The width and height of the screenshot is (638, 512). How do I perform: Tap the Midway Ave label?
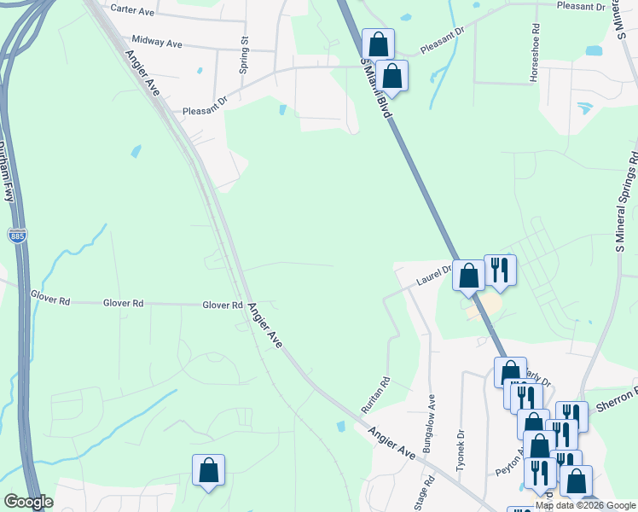coord(157,42)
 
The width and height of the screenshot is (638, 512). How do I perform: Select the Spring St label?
coord(244,54)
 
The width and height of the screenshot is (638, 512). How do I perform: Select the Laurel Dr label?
coord(432,276)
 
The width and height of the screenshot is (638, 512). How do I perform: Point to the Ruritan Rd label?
coord(376,395)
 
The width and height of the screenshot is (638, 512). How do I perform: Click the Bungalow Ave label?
coord(431,416)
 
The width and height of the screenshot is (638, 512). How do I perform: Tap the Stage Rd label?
coord(420,493)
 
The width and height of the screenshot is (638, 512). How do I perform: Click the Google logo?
coord(28,502)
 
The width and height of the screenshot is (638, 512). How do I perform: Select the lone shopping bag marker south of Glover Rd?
coord(208,470)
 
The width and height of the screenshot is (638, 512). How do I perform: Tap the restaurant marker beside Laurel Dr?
coord(500,270)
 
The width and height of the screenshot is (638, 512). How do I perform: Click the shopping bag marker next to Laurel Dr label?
coord(467,275)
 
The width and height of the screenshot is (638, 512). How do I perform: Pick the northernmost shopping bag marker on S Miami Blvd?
coord(377,44)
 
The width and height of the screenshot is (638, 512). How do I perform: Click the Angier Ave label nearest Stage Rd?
coord(392,444)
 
